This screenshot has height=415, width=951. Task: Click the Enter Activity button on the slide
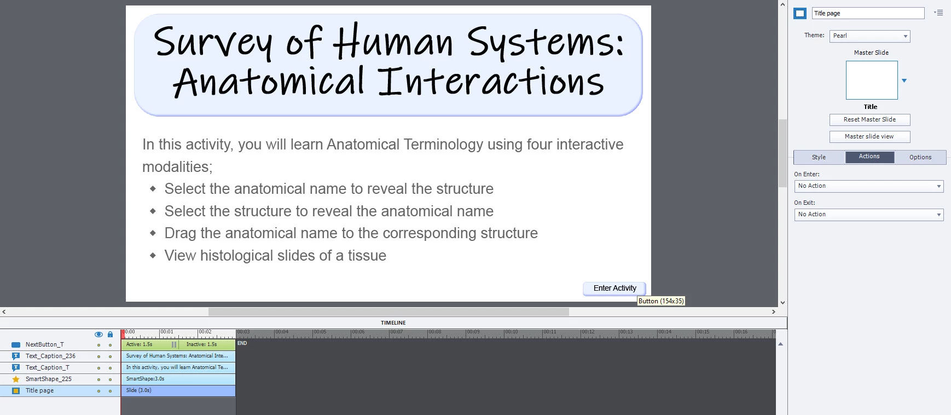coord(614,289)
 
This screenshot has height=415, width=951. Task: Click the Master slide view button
coord(869,137)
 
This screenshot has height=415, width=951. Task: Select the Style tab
coord(819,157)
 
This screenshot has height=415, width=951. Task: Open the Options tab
coord(920,157)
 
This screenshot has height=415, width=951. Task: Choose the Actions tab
coord(869,157)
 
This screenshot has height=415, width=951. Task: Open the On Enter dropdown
coord(869,186)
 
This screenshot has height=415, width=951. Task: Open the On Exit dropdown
coord(869,215)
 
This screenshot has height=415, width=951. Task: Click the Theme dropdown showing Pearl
coord(869,36)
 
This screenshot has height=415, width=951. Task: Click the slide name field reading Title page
coord(868,13)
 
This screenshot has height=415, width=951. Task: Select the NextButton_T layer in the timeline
coord(44,345)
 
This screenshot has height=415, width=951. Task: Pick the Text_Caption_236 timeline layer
coord(50,356)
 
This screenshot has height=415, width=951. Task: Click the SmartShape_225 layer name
coord(48,379)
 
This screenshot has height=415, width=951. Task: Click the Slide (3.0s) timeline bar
coord(178,391)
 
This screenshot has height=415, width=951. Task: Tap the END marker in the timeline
coord(242,343)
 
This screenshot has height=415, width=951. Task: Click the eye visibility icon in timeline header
coord(98,334)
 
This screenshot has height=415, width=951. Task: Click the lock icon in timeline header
coord(110,334)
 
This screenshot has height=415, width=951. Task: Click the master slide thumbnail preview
coord(872,80)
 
